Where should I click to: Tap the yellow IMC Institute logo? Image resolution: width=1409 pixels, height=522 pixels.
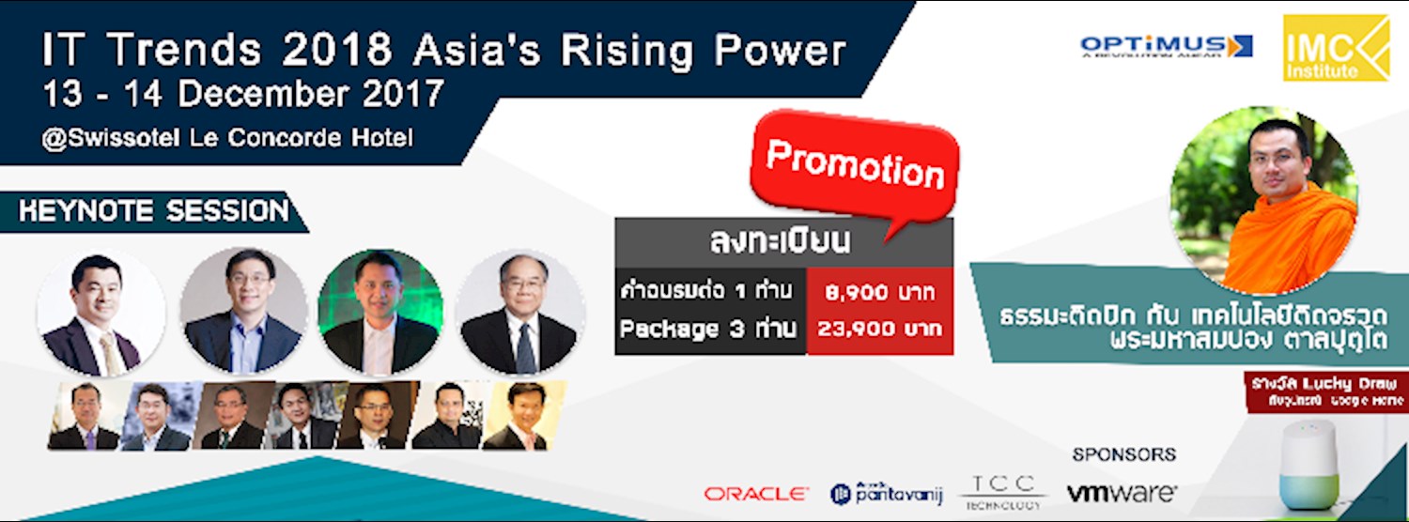point(1336,48)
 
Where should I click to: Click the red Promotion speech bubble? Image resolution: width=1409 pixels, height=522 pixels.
point(854,165)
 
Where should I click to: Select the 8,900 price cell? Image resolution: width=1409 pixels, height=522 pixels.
point(879,292)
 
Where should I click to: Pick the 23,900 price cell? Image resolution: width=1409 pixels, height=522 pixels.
point(879,330)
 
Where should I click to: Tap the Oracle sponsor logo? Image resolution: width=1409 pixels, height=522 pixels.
point(756,493)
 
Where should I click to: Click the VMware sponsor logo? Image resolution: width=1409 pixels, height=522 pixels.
point(1121,492)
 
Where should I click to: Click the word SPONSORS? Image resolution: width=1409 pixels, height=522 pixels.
point(1123,454)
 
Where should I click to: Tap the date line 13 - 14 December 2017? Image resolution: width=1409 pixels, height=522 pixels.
point(242,95)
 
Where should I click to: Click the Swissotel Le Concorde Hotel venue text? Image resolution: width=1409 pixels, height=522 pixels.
point(227,138)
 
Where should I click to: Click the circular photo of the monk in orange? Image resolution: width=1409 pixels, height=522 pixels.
point(1264,199)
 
